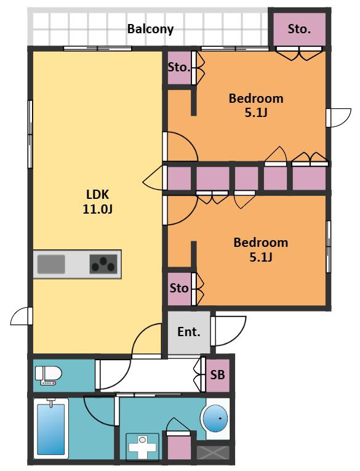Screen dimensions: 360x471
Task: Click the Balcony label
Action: tap(150, 29)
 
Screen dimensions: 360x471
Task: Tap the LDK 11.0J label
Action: tap(98, 201)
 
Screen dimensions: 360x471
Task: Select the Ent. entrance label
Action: tap(189, 332)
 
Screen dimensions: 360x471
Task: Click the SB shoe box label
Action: tap(217, 375)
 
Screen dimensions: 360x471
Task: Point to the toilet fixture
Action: tap(49, 375)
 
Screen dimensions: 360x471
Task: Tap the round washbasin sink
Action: tap(215, 418)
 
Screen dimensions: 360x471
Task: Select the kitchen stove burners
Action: tap(103, 264)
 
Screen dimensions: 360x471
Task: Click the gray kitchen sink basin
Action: tap(51, 264)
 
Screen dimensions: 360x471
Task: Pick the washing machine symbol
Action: tap(142, 446)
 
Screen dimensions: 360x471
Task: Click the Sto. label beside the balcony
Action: tap(299, 29)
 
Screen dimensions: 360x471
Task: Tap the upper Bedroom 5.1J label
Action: tap(256, 105)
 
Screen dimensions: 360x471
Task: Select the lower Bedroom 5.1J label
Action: tap(261, 249)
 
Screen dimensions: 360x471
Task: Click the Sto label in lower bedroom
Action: tap(179, 288)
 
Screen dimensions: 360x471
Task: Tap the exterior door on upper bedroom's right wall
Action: tap(338, 118)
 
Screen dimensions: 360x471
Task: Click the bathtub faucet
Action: tap(51, 402)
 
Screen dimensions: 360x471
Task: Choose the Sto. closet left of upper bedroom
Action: tap(179, 68)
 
